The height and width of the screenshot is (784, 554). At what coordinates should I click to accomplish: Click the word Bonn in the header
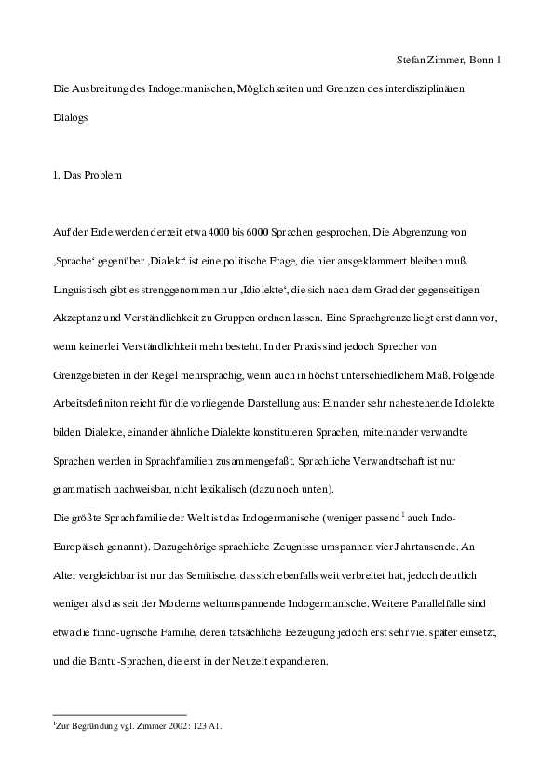(483, 61)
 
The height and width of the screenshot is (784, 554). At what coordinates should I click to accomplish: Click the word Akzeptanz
(75, 317)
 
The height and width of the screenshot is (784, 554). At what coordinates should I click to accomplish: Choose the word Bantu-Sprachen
(121, 662)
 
